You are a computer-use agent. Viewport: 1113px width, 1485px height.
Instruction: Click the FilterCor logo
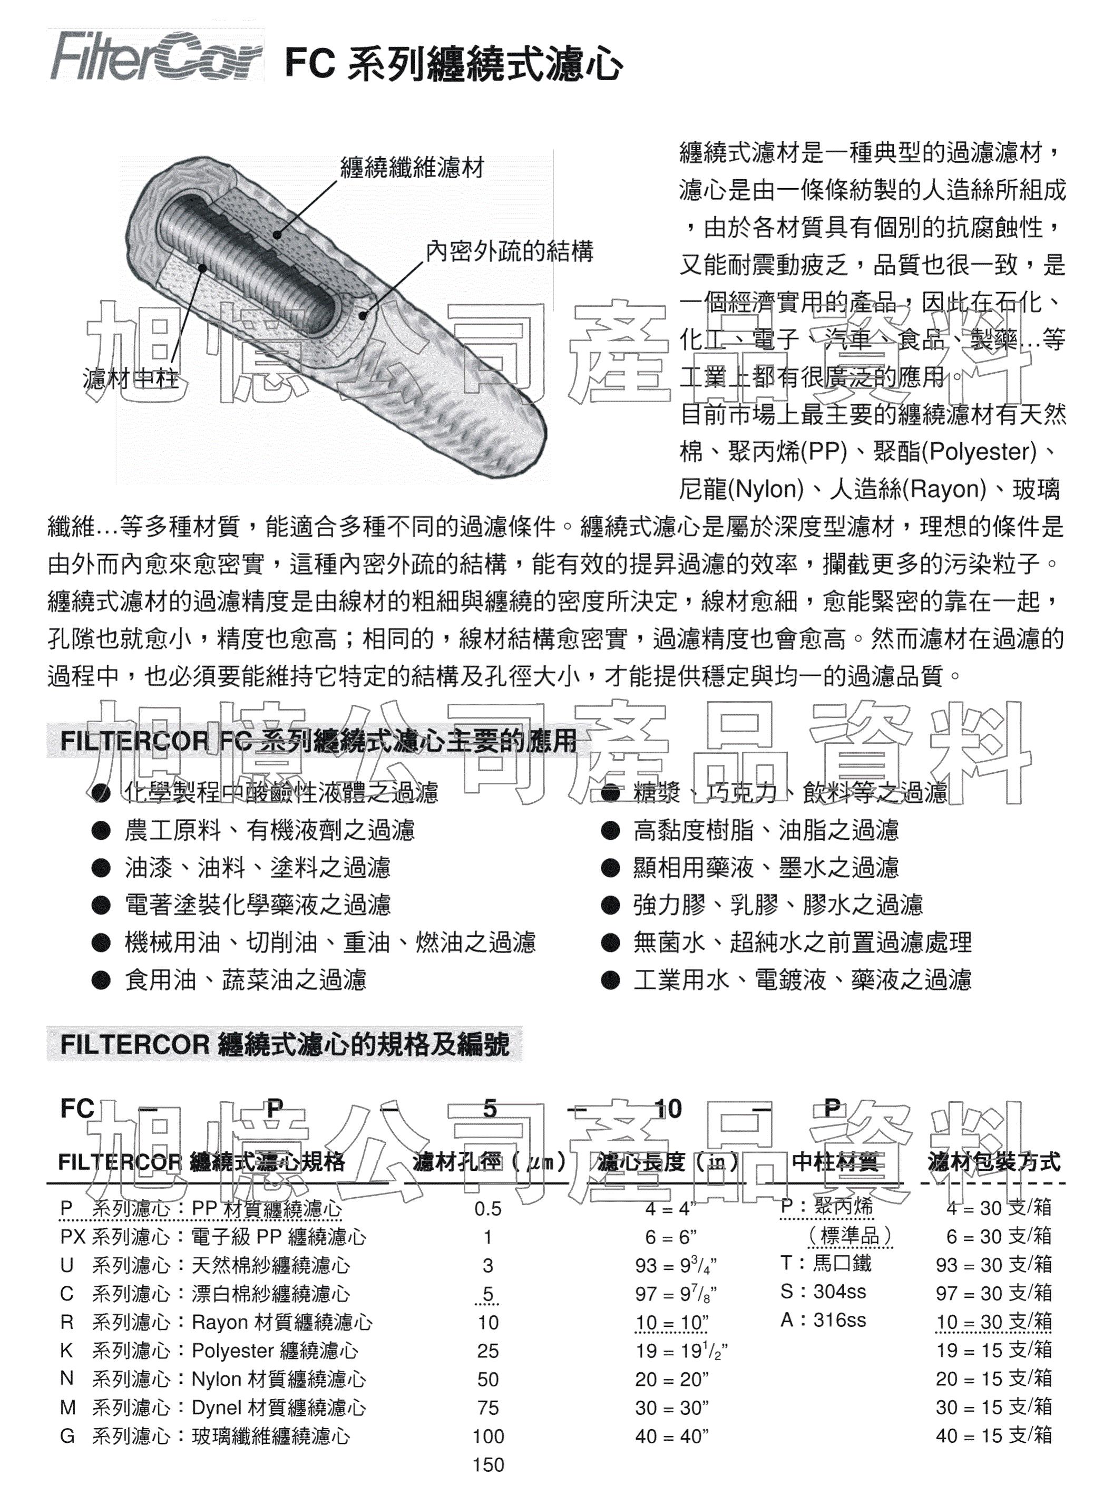coord(156,56)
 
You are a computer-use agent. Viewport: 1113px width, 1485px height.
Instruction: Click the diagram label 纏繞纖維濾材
coord(412,167)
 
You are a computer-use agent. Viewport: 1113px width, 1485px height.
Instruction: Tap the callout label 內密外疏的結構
coord(510,251)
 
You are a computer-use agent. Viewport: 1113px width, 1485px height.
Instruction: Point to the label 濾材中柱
coord(130,378)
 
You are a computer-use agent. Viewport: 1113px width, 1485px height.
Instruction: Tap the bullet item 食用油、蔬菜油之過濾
coord(245,979)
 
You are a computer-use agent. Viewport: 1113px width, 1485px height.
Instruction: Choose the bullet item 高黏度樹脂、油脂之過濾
coord(765,830)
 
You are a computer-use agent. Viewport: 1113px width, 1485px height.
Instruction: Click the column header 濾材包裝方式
coord(993,1161)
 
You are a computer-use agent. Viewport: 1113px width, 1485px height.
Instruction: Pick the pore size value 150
coord(488,1464)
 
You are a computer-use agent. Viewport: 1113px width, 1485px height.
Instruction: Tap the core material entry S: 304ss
coord(823,1292)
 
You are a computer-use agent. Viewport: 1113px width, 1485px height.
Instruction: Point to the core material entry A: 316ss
coord(823,1321)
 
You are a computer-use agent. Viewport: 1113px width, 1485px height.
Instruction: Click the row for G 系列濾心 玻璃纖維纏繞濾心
coord(205,1436)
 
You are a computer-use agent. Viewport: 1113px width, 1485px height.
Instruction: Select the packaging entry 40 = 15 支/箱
coord(993,1435)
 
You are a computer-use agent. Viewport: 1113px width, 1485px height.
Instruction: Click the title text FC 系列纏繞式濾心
coord(454,64)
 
